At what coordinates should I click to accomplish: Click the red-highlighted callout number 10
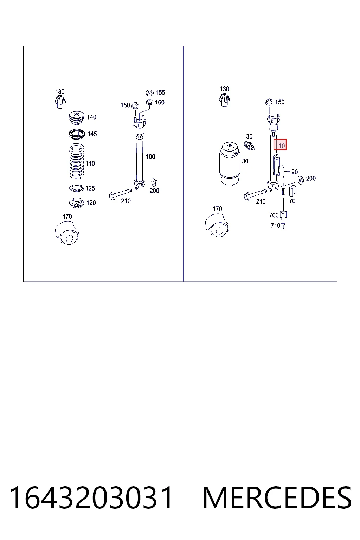point(281,146)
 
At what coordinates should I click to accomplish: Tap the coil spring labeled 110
point(77,161)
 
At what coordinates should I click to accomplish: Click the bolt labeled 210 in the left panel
point(120,194)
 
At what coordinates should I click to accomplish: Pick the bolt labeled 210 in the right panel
point(255,194)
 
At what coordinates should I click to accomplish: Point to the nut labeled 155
point(149,92)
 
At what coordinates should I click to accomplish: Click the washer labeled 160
point(149,102)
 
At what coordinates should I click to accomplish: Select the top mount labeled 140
point(76,118)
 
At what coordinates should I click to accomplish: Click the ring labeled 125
point(77,188)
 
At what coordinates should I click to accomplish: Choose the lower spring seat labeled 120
point(76,203)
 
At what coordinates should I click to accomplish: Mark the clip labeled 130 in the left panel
point(60,102)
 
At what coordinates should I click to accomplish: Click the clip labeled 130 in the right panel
point(225,100)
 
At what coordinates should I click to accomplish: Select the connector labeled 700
point(283,215)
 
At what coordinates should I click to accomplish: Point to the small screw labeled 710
point(283,226)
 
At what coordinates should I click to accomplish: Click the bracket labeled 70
point(292,191)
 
